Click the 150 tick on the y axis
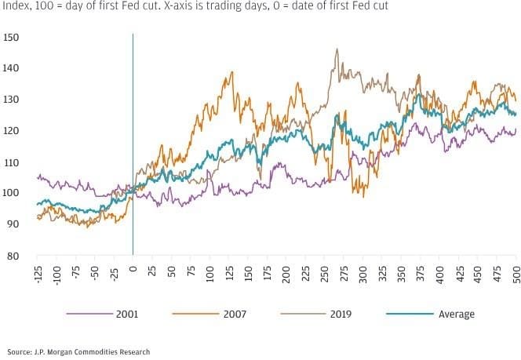pyautogui.click(x=12, y=38)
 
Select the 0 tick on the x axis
pyautogui.click(x=133, y=268)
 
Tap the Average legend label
pyautogui.click(x=456, y=314)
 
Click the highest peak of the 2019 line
pyautogui.click(x=337, y=49)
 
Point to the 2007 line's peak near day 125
pyautogui.click(x=231, y=73)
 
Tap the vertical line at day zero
pyautogui.click(x=133, y=141)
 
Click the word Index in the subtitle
pyautogui.click(x=16, y=6)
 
